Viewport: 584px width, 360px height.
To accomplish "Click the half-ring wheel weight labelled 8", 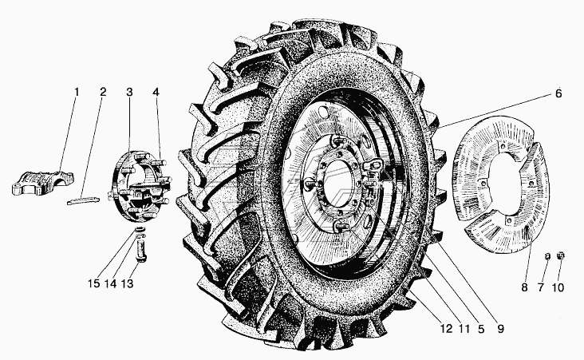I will [x=495, y=204].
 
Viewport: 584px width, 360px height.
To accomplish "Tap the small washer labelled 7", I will [x=547, y=255].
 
